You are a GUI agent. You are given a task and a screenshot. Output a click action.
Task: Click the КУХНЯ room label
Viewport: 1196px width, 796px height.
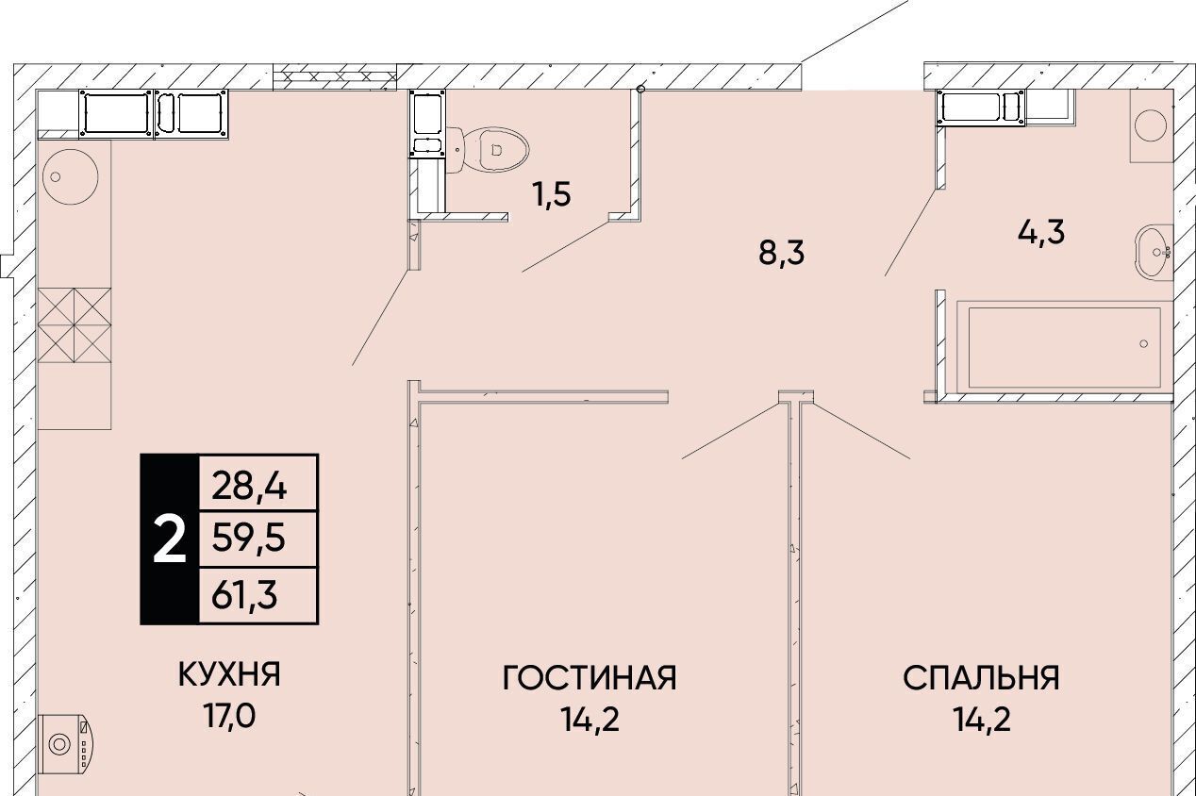pyautogui.click(x=229, y=674)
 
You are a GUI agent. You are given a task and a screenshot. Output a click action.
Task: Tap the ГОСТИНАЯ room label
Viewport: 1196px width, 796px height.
pyautogui.click(x=590, y=678)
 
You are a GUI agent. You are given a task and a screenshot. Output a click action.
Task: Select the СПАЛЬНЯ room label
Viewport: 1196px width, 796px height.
pyautogui.click(x=981, y=678)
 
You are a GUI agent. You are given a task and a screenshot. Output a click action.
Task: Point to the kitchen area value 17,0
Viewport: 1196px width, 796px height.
pyautogui.click(x=229, y=716)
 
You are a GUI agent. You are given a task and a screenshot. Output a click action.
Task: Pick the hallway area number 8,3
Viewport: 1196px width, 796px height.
pyautogui.click(x=781, y=253)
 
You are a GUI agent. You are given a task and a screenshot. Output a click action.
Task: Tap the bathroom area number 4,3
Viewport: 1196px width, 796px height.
pyautogui.click(x=1040, y=232)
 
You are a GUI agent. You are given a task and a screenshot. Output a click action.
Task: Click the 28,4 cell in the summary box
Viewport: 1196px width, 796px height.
pyautogui.click(x=249, y=487)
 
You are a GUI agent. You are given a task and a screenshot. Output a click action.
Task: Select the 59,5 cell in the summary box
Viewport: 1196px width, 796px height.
pyautogui.click(x=249, y=539)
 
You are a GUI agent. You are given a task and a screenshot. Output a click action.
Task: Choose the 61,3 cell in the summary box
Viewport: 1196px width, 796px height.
pyautogui.click(x=244, y=596)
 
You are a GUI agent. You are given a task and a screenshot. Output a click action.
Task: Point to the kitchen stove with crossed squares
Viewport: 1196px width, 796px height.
pyautogui.click(x=75, y=325)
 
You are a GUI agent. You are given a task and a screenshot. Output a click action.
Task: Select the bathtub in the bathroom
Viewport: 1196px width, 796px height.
pyautogui.click(x=1064, y=348)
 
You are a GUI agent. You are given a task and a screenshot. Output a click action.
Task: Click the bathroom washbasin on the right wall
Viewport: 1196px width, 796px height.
pyautogui.click(x=1154, y=253)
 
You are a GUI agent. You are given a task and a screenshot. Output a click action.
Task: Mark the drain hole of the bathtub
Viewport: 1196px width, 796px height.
pyautogui.click(x=1143, y=344)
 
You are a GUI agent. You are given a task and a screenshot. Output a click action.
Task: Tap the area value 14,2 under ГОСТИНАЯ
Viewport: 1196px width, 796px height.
pyautogui.click(x=590, y=719)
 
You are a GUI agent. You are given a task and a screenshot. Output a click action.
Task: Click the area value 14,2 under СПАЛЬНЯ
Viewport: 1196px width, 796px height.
pyautogui.click(x=981, y=719)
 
